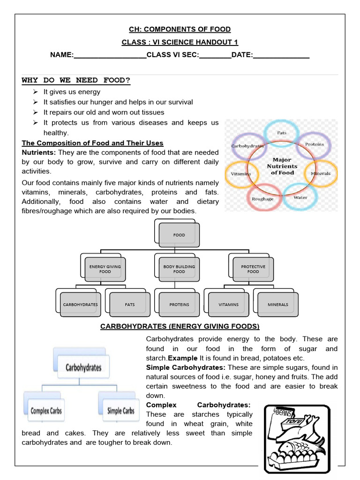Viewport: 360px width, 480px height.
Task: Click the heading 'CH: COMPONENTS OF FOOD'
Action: pyautogui.click(x=180, y=29)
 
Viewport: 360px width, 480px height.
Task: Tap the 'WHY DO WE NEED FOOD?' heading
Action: pyautogui.click(x=76, y=80)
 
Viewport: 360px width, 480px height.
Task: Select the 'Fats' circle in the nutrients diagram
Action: pyautogui.click(x=282, y=134)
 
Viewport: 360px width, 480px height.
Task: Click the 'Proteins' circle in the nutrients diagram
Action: pyautogui.click(x=315, y=145)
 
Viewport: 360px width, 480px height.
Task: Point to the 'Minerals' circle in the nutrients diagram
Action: pyautogui.click(x=321, y=173)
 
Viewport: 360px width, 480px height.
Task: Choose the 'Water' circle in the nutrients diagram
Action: pyautogui.click(x=300, y=197)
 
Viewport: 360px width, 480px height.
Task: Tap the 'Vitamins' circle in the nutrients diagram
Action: pyautogui.click(x=241, y=173)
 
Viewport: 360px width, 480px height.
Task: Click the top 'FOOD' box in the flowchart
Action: pyautogui.click(x=179, y=235)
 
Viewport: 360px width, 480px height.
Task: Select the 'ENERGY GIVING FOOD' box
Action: pyautogui.click(x=105, y=269)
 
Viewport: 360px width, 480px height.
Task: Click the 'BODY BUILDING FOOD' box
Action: pyautogui.click(x=179, y=269)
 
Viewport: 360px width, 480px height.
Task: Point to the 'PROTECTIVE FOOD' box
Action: pyautogui.click(x=253, y=269)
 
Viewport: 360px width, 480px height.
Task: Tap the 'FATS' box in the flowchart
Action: pyautogui.click(x=130, y=304)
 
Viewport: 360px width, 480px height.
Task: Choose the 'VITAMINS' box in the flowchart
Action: pyautogui.click(x=229, y=304)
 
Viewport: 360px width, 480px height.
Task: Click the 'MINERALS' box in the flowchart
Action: pyautogui.click(x=278, y=304)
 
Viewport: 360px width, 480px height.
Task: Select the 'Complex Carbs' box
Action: pyautogui.click(x=46, y=411)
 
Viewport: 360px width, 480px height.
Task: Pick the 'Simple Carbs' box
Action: pyautogui.click(x=120, y=411)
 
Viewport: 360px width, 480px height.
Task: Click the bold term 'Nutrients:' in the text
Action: pyautogui.click(x=39, y=152)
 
